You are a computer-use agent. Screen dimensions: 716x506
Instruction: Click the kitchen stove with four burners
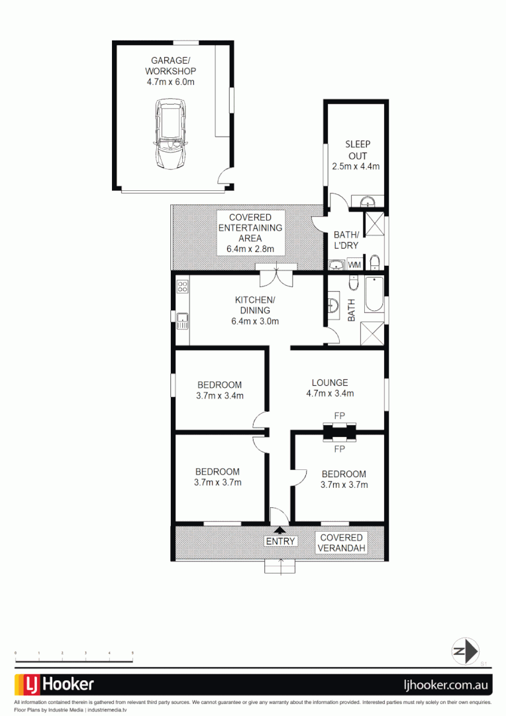(x=182, y=287)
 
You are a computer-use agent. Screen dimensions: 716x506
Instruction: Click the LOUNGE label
(x=329, y=383)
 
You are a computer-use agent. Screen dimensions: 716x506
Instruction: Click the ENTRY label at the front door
(x=280, y=542)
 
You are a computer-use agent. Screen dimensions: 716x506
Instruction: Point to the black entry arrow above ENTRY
(x=280, y=530)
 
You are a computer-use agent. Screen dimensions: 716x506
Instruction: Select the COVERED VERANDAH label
(x=341, y=543)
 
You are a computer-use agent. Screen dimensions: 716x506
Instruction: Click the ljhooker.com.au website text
(x=447, y=685)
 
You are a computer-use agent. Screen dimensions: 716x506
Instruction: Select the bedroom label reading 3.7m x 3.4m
(x=219, y=396)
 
